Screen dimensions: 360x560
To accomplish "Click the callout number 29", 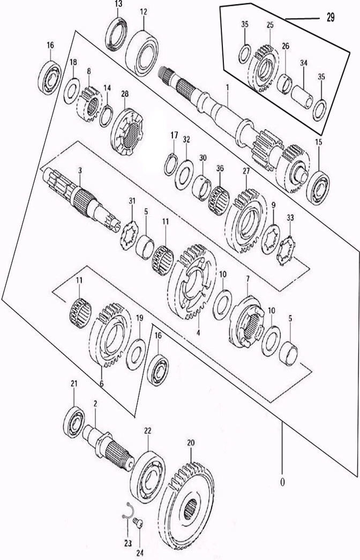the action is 331,17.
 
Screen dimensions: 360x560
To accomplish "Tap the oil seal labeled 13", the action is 116,34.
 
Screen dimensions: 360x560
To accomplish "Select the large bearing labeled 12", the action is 142,53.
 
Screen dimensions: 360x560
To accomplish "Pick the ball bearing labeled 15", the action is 318,188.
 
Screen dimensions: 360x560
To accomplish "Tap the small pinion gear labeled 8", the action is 89,103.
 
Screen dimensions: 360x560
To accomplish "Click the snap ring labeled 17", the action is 171,164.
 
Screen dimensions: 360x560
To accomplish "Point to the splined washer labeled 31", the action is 129,236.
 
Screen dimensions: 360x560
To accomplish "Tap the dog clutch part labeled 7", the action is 247,322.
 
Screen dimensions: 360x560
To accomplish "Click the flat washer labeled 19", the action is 136,355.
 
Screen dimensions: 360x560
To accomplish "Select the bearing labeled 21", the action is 74,422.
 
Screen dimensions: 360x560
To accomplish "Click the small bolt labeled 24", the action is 138,524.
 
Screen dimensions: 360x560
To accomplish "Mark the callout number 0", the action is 282,482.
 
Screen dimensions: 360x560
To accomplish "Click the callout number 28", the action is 125,94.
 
